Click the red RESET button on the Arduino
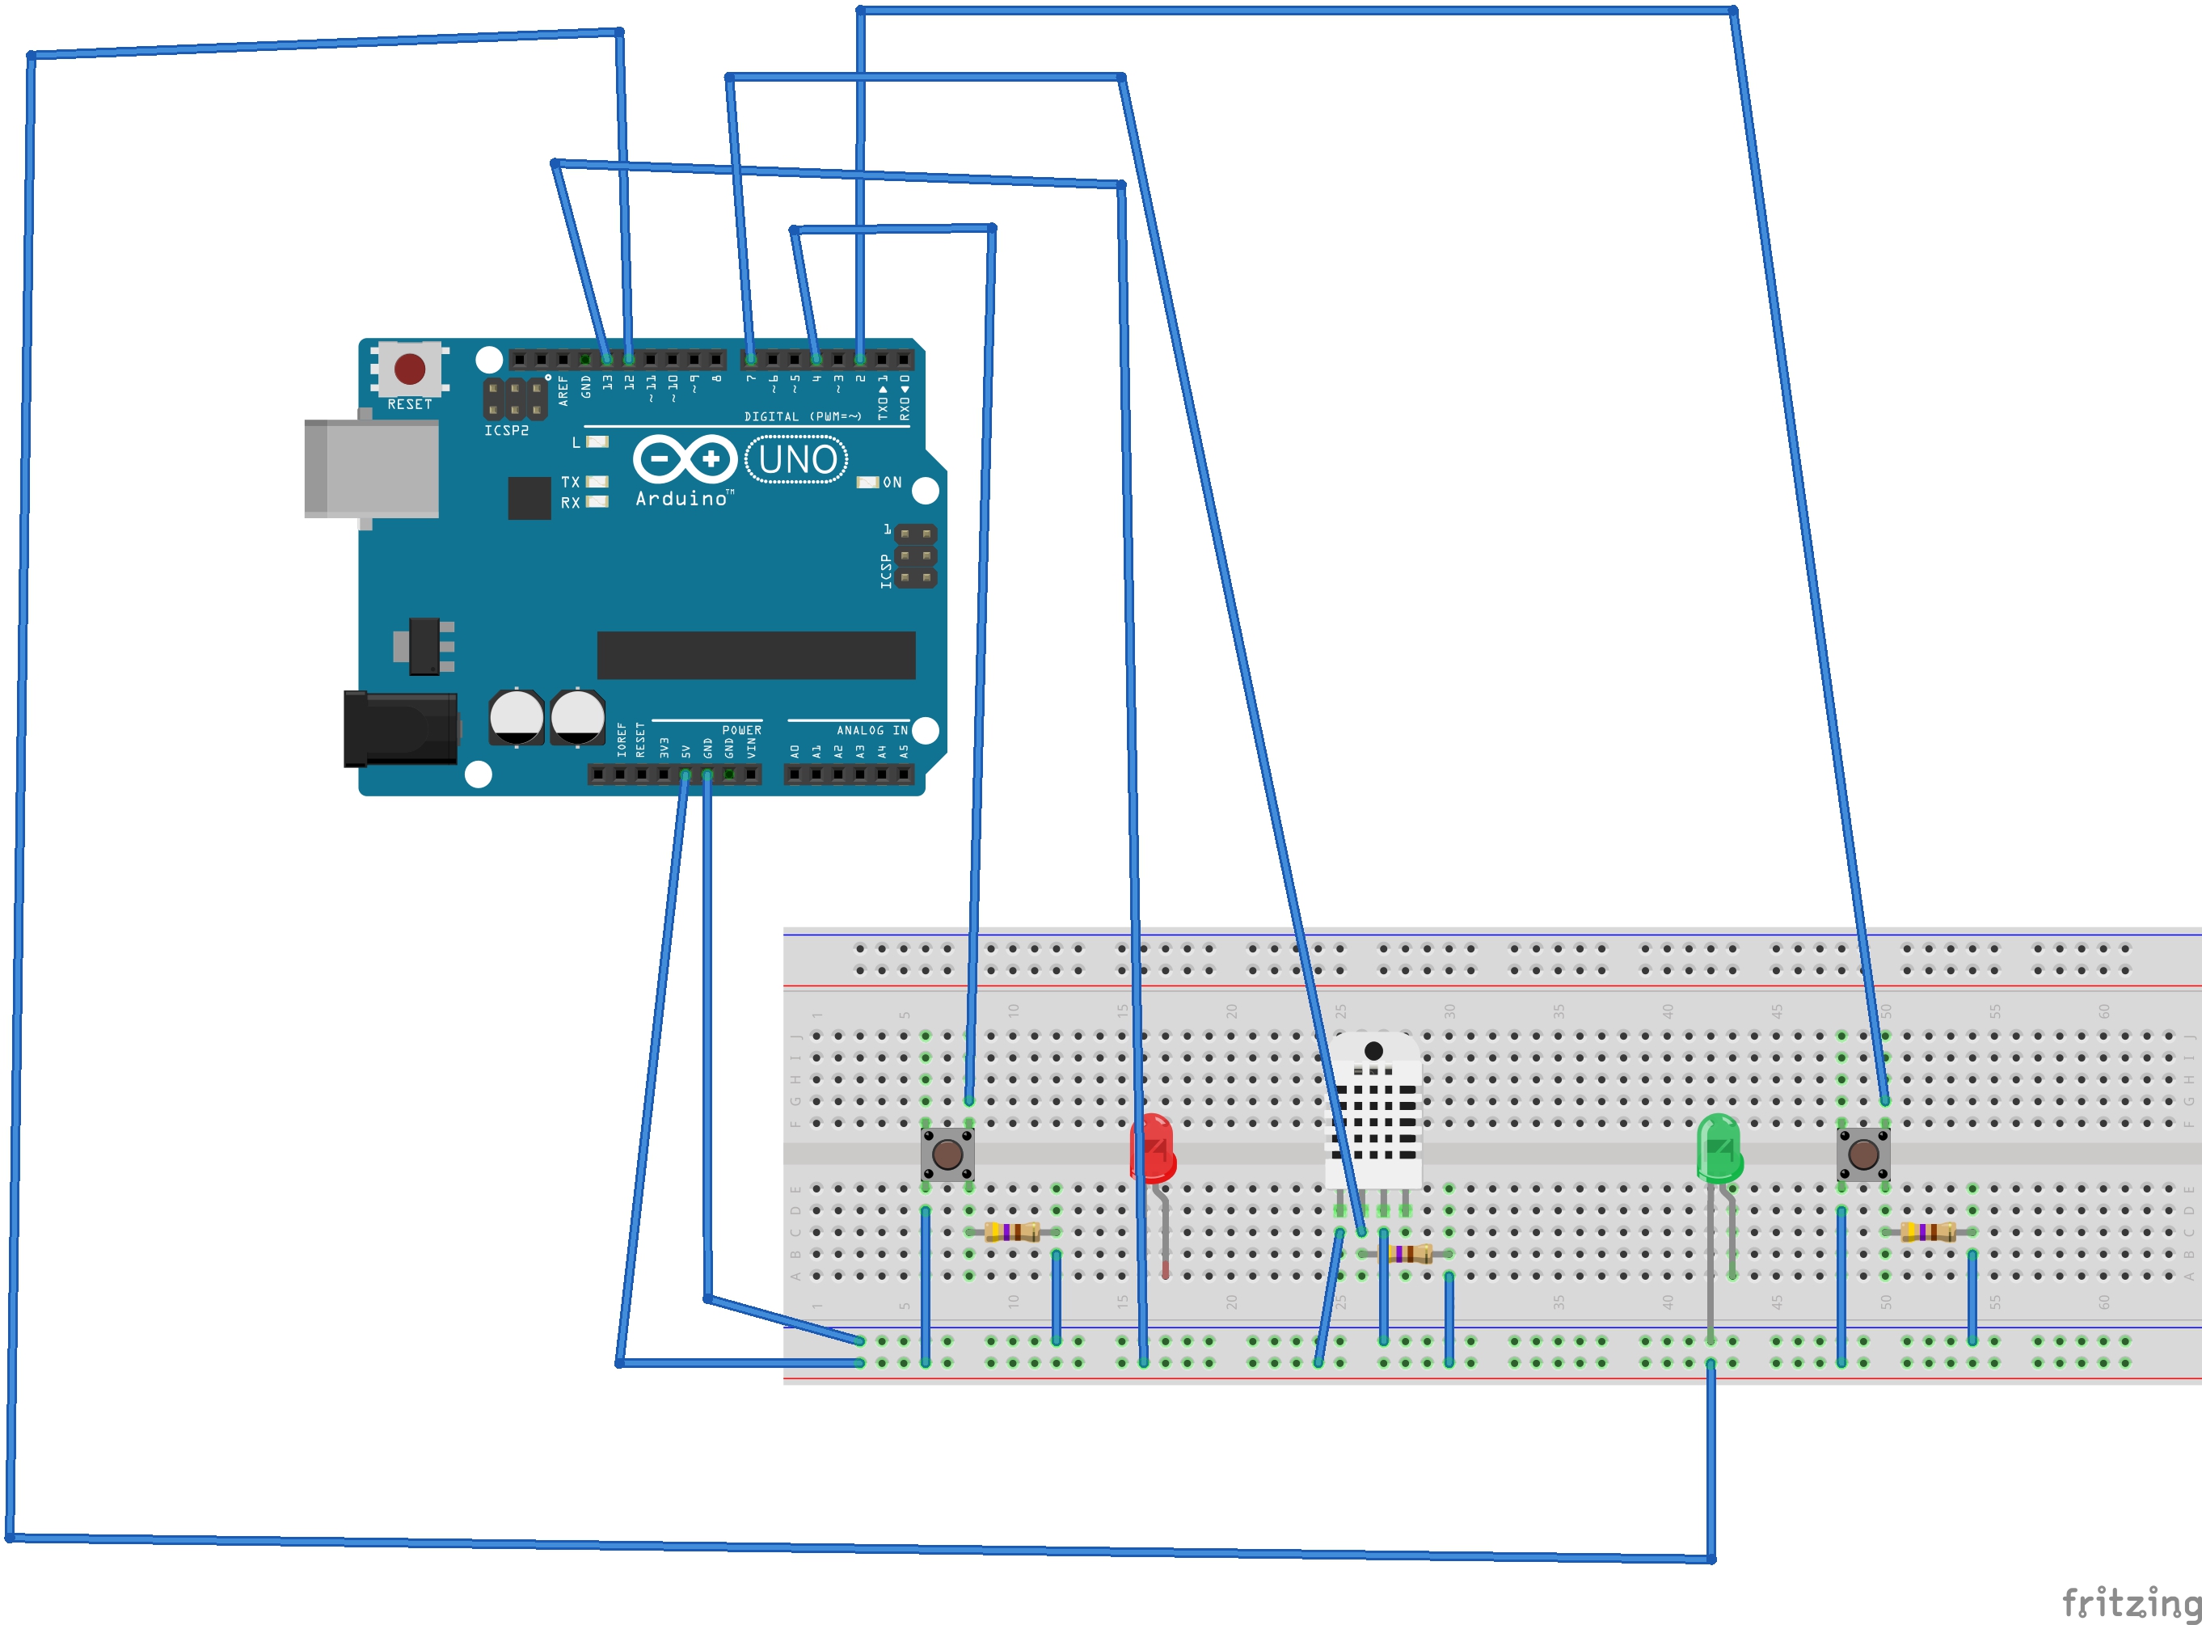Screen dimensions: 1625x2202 tap(409, 369)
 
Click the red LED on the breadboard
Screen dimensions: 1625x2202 tap(1153, 1148)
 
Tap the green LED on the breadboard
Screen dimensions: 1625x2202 tap(1718, 1149)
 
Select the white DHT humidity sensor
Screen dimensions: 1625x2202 tap(1374, 1112)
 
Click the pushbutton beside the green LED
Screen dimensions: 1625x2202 tap(1862, 1154)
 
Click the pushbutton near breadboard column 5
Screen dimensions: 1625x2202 tap(947, 1154)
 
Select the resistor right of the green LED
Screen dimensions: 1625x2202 tap(1928, 1231)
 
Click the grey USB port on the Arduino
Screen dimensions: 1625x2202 tap(372, 468)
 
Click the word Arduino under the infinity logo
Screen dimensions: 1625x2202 tap(681, 499)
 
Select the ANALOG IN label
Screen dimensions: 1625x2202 tap(871, 730)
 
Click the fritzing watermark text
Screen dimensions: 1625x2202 tap(2130, 1602)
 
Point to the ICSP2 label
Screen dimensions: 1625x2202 tap(505, 431)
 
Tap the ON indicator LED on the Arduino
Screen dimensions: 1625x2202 tap(867, 482)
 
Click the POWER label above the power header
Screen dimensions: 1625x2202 tap(740, 730)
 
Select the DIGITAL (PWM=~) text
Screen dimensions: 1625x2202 tap(802, 416)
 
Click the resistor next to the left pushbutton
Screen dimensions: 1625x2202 tap(1012, 1231)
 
